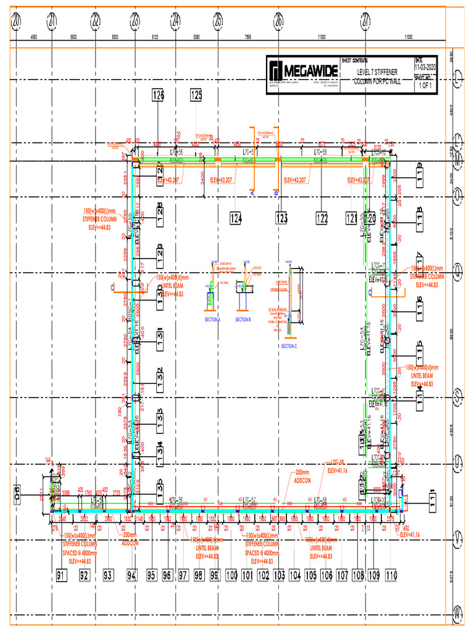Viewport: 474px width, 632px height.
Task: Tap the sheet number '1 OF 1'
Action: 425,86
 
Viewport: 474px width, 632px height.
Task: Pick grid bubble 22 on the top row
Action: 96,22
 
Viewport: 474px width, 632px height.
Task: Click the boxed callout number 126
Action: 159,95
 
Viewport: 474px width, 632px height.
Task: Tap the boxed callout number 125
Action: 196,95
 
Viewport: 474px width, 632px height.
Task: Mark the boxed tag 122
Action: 322,217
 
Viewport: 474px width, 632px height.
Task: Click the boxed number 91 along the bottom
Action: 61,575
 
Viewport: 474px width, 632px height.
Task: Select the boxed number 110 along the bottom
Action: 391,575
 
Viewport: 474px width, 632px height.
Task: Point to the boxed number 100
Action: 231,575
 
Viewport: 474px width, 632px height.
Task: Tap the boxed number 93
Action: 109,575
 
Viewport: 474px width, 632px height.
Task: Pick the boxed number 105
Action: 310,575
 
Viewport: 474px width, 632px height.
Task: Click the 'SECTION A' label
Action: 212,319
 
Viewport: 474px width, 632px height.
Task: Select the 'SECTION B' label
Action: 243,319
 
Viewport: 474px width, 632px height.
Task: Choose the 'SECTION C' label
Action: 289,346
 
